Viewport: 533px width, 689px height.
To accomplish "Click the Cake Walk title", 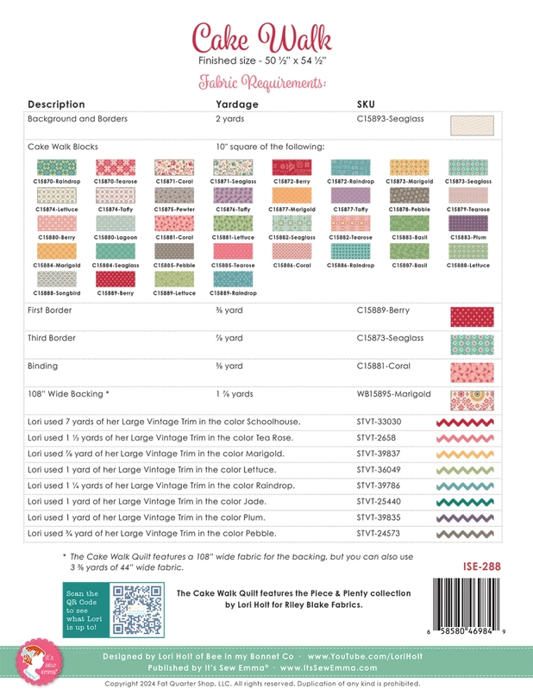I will [266, 38].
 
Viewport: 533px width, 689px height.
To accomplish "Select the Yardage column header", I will [236, 104].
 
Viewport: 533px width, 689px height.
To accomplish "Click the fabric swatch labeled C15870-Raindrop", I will [57, 168].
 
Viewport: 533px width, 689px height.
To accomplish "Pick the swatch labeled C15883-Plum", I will [468, 223].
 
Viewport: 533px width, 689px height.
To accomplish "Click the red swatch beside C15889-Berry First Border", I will [471, 316].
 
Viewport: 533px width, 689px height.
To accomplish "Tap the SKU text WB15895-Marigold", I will [393, 393].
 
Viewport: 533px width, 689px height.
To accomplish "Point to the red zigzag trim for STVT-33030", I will [471, 423].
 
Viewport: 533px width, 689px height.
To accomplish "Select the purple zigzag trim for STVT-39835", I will [471, 517].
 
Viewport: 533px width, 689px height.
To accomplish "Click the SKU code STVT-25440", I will [377, 501].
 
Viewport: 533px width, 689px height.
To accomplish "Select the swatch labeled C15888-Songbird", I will [57, 279].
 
